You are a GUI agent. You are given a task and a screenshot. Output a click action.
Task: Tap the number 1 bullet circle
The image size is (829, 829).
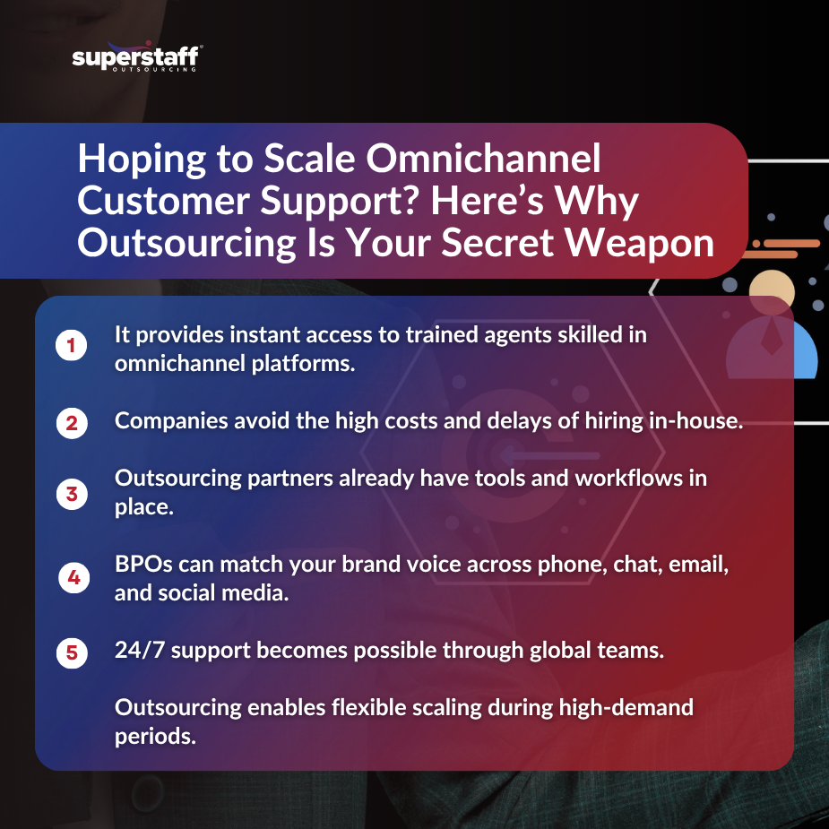pos(71,346)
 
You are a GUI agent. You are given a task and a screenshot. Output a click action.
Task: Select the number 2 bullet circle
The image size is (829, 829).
pos(71,422)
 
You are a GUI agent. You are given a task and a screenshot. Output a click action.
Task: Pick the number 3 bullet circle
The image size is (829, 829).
pos(71,492)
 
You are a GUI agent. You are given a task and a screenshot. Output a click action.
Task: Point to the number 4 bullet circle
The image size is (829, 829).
pos(73,578)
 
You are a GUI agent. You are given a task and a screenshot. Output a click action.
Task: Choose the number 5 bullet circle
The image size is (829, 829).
pos(71,652)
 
